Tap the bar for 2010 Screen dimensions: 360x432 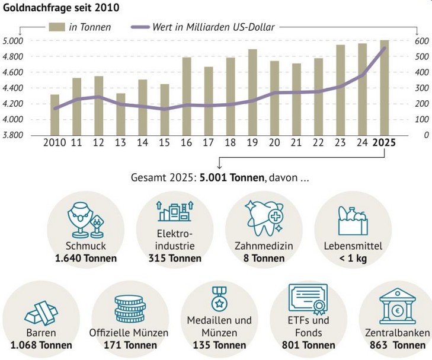tap(55, 114)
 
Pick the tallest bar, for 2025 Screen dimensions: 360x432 tap(385, 88)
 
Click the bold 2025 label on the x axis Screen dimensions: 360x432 tap(384, 143)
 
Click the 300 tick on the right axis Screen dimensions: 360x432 tap(421, 88)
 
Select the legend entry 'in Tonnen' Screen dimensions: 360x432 tap(80, 27)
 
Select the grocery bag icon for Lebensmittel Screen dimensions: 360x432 tap(352, 221)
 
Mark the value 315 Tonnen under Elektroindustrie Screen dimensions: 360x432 tap(175, 259)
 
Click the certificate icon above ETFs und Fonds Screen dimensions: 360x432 tap(308, 300)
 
